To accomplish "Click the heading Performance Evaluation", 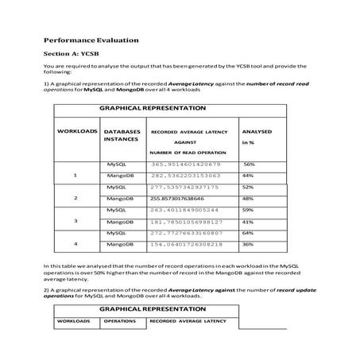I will tap(91, 39).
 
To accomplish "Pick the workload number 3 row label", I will tap(75, 220).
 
